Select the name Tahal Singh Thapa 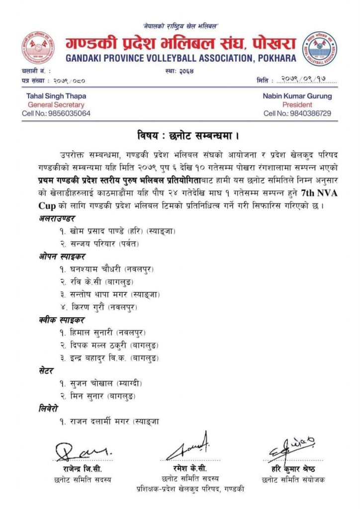[50, 96]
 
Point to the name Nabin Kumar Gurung [297, 96]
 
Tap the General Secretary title [56, 105]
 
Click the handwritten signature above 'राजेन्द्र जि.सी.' [83, 452]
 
